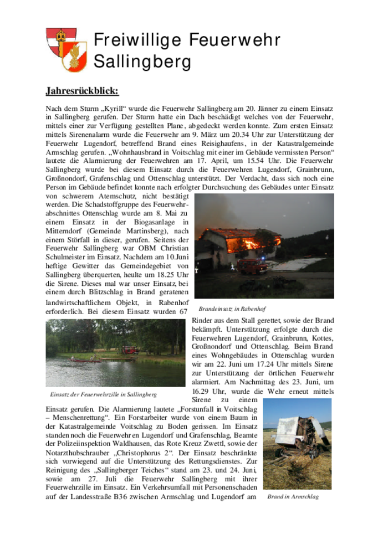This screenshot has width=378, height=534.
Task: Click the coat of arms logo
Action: tap(66, 49)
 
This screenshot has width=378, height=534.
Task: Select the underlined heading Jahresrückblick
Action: tap(82, 90)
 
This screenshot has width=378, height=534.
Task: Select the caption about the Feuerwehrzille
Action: tap(103, 394)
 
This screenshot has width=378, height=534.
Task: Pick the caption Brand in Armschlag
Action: tap(293, 497)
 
